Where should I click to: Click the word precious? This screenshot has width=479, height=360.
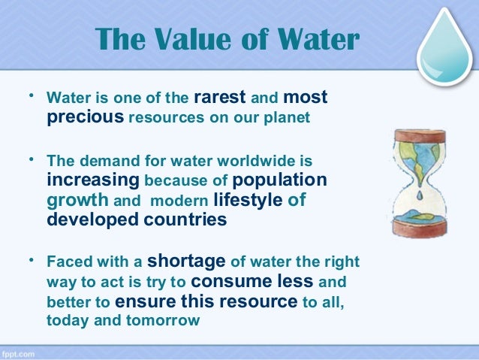[x=86, y=118]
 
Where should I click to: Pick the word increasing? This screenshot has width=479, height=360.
[x=93, y=180]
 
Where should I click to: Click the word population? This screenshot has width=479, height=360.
[x=279, y=180]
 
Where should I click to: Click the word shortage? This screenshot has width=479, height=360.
[x=188, y=262]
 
